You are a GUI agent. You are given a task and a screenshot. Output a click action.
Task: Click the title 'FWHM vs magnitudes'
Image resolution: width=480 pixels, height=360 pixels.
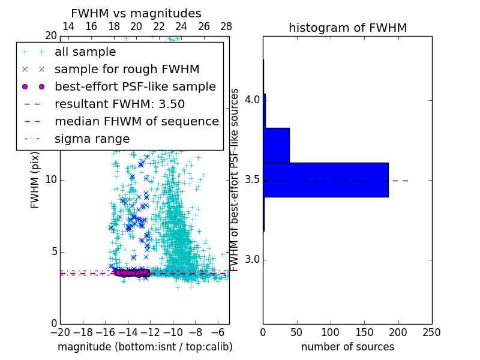coord(136,13)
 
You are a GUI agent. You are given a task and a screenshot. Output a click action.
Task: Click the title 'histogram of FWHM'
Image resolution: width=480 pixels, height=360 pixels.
coord(347,28)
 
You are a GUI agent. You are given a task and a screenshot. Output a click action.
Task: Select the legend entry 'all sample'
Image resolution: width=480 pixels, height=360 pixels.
coord(85,52)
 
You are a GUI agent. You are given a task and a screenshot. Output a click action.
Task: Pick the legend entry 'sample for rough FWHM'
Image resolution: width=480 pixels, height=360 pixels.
coord(127,70)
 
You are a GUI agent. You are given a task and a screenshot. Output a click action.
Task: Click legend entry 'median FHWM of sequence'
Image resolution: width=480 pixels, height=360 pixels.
coord(136,122)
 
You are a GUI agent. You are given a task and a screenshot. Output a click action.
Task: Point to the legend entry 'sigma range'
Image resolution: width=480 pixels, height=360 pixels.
coord(92,139)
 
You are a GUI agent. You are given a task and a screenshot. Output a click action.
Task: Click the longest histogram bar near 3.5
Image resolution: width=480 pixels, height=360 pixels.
coord(326,179)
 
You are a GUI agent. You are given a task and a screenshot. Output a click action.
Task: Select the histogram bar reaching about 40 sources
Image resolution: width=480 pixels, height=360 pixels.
coord(276,145)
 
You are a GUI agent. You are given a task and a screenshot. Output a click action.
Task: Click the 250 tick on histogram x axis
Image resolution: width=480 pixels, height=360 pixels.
coord(431,332)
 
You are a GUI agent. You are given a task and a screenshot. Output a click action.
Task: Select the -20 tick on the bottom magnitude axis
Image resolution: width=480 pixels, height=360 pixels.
coord(60,332)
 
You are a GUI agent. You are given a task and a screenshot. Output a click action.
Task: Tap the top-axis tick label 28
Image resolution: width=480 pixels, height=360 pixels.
coord(226,26)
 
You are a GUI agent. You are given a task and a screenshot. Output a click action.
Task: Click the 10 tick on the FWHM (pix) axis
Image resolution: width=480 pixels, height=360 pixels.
coord(51,180)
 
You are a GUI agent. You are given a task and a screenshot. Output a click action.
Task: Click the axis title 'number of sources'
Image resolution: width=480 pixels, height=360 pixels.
coord(347,347)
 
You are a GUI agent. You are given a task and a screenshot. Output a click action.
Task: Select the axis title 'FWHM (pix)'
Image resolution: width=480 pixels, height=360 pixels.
coord(35,179)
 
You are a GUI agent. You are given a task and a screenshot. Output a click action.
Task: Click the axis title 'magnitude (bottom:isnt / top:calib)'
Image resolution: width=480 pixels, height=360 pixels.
coord(145,347)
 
